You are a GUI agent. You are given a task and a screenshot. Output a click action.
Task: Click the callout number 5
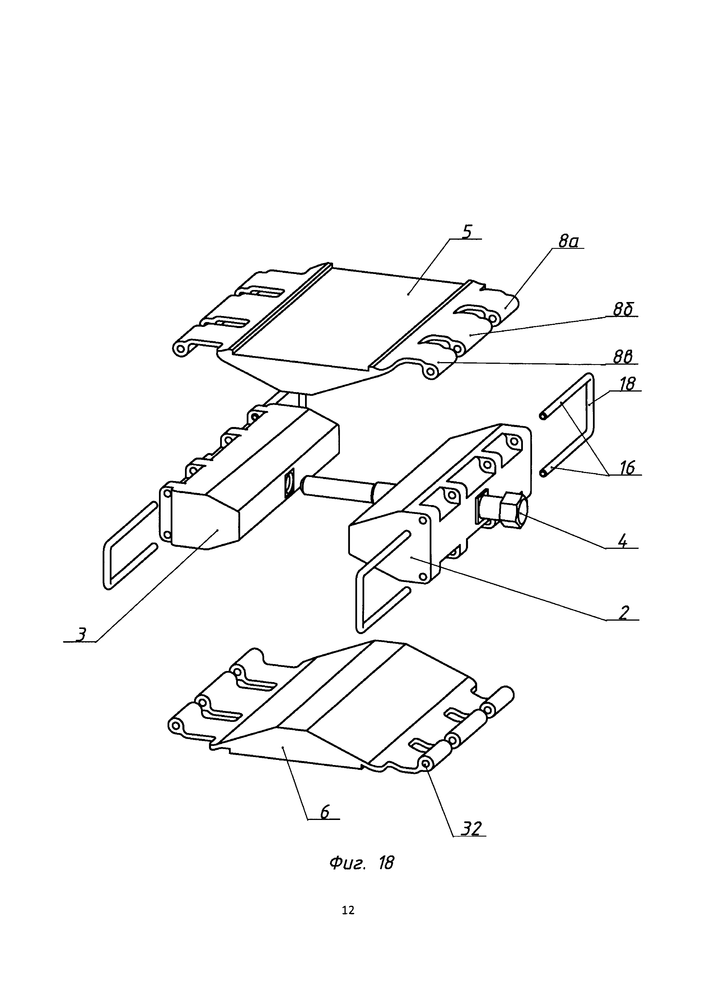[467, 232]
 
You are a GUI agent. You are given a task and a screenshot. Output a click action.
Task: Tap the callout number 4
[623, 542]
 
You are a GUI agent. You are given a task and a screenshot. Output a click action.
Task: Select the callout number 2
[624, 613]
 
